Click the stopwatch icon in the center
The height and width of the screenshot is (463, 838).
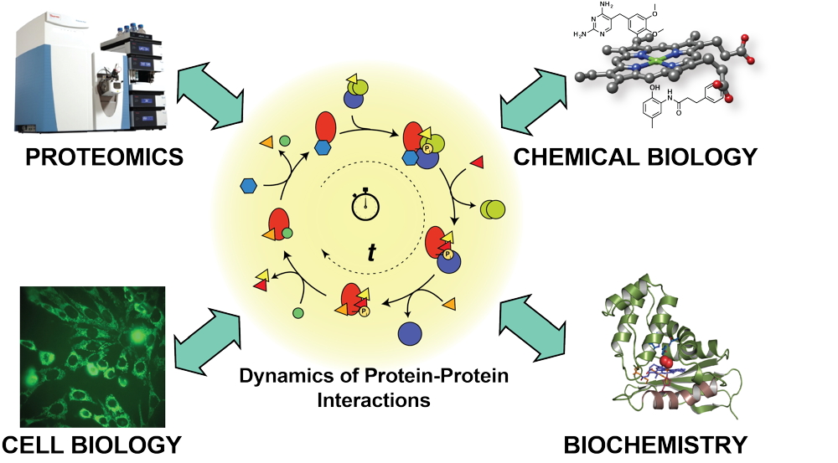pos(366,205)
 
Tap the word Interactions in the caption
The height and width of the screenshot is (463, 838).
pos(374,399)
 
